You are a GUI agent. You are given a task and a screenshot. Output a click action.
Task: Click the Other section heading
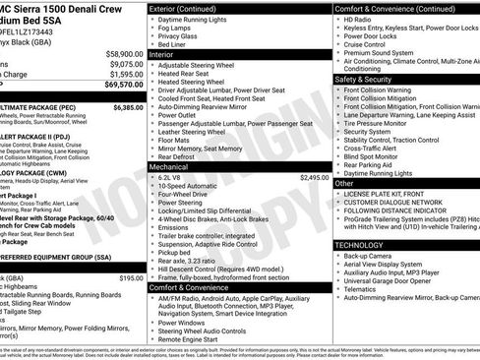point(343,183)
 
